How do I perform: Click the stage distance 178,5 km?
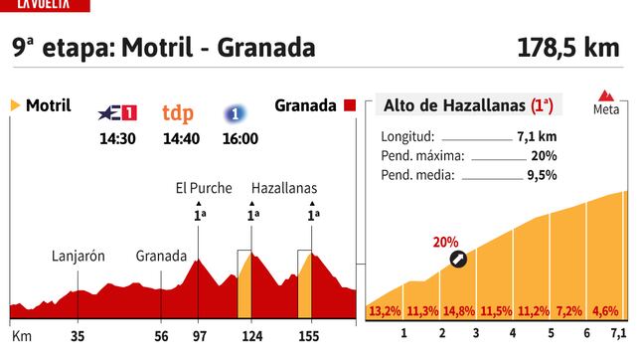pos(573,48)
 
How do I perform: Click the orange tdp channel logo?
pos(179,112)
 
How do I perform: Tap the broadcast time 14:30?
pos(118,139)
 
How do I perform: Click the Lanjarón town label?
pos(79,255)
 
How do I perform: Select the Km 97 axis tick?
pos(199,337)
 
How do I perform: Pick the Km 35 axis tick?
pos(79,337)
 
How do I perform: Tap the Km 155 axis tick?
pos(312,337)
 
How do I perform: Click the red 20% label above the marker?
pos(445,242)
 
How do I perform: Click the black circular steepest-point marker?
pos(457,259)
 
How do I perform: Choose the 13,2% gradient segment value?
pos(386,310)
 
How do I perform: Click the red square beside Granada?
pos(349,105)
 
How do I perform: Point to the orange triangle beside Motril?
pos(14,105)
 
